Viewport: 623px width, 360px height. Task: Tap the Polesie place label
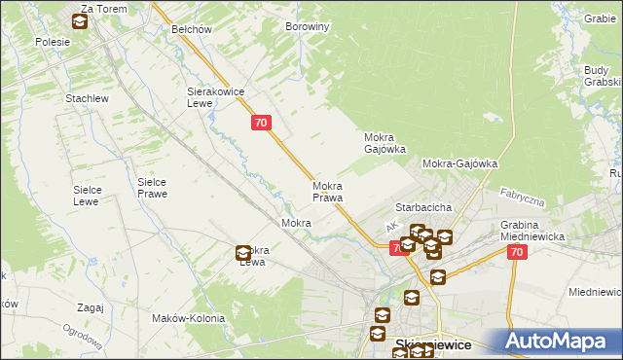[x=53, y=42]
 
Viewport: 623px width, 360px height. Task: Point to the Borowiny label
[x=308, y=27]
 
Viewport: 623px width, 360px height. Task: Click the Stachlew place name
[x=86, y=99]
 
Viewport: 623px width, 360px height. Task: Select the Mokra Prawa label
[x=327, y=192]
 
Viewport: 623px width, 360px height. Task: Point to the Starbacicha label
[x=422, y=208]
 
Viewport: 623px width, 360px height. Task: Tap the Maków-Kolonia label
[x=189, y=318]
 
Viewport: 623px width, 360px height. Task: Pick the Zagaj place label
[x=89, y=307]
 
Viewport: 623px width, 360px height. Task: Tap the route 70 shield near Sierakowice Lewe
[x=260, y=123]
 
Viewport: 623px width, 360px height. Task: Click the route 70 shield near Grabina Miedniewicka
[x=516, y=252]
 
